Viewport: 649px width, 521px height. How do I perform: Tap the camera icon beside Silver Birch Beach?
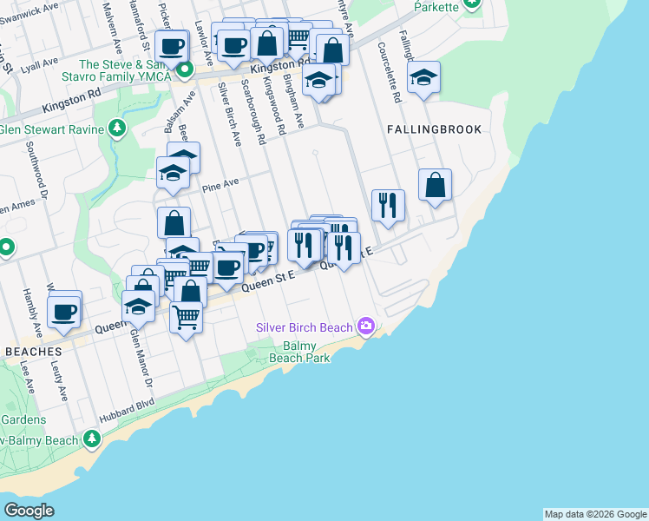click(x=366, y=326)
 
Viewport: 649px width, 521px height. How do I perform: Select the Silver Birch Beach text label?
click(x=305, y=327)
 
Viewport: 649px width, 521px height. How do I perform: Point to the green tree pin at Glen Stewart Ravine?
click(x=117, y=130)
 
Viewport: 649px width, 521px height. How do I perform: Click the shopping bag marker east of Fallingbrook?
click(x=435, y=185)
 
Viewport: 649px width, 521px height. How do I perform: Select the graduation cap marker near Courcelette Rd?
click(x=423, y=77)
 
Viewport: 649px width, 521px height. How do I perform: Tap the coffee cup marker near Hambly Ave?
click(x=64, y=311)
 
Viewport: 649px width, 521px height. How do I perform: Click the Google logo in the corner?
click(x=29, y=510)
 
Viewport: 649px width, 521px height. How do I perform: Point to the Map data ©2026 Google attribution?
click(x=595, y=514)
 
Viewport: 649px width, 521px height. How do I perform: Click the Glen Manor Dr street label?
click(x=141, y=357)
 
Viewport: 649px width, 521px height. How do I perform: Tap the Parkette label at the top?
click(x=435, y=7)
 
